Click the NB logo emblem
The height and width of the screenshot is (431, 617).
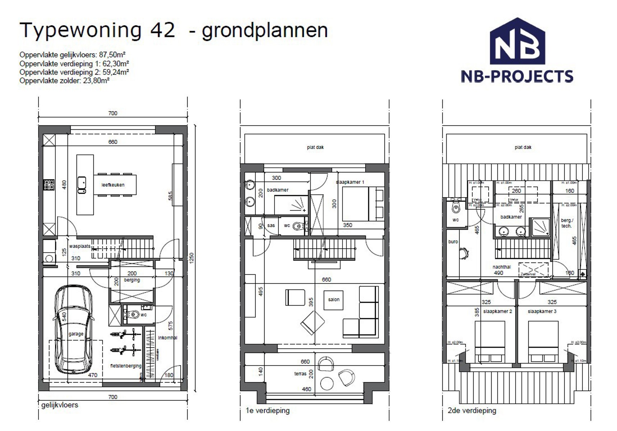517,42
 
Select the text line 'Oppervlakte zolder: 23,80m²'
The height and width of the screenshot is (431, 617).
64,81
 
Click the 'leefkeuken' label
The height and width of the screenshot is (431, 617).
113,185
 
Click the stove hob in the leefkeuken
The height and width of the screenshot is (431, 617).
49,185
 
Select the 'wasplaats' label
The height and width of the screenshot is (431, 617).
79,246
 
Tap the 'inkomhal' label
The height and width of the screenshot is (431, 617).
167,338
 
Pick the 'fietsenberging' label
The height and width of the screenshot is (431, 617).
126,366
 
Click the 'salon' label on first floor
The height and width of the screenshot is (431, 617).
333,299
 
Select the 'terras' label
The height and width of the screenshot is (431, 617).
300,374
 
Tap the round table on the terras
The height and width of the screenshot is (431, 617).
327,383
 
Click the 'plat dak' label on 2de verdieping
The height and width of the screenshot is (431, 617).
523,147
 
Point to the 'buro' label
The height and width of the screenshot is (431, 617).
453,242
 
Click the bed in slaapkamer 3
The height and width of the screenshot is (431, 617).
543,341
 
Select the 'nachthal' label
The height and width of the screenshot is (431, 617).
502,267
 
